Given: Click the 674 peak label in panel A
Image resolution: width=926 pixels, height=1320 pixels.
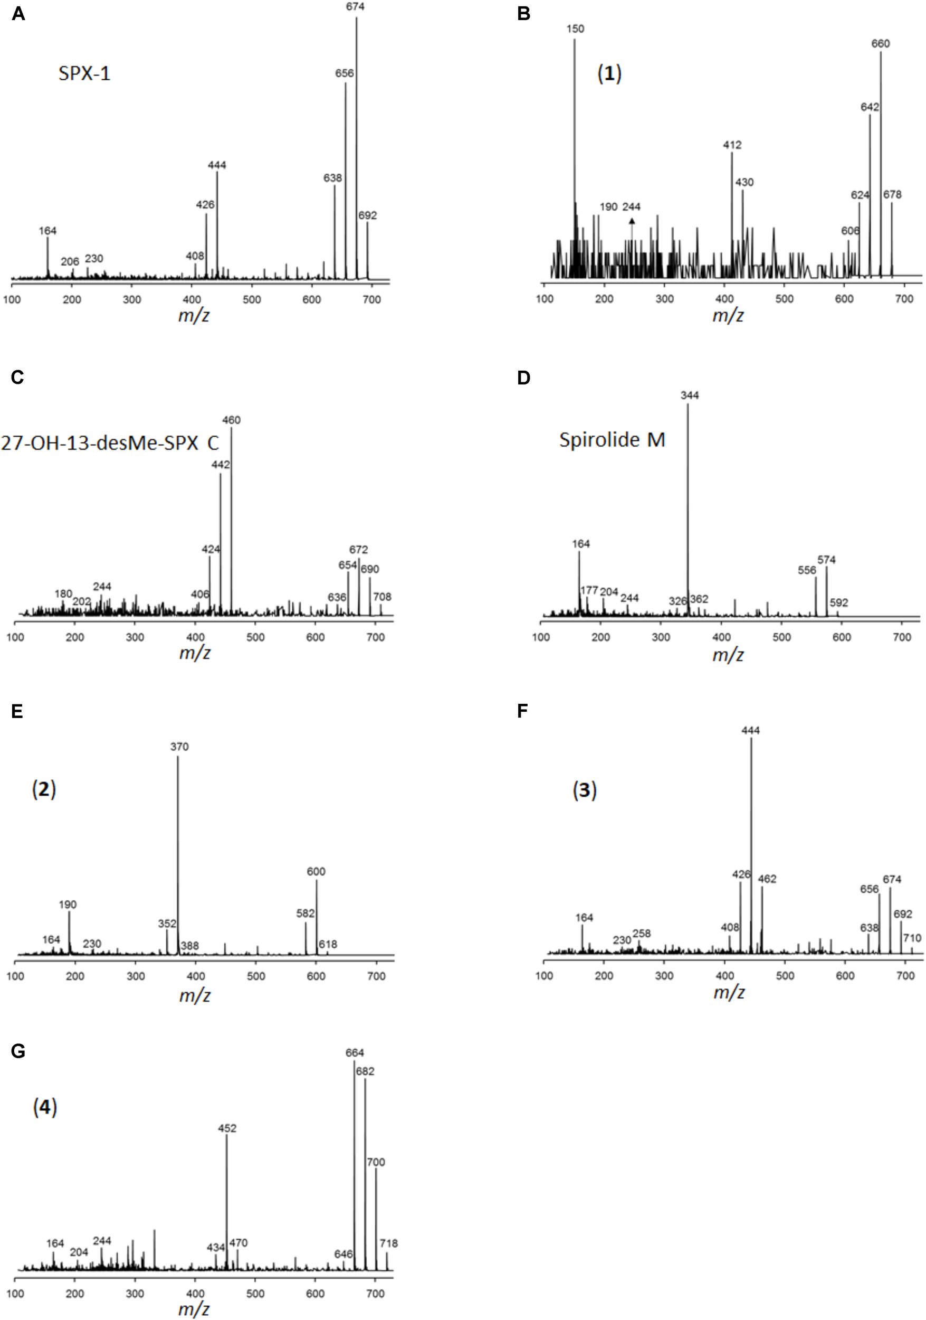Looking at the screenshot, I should tap(355, 7).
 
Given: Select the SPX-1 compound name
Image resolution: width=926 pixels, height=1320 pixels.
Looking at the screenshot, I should tap(84, 73).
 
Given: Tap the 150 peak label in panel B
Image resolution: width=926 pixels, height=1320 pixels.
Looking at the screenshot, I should tap(575, 29).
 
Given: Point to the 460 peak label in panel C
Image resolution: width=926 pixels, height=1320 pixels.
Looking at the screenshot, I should tap(232, 420).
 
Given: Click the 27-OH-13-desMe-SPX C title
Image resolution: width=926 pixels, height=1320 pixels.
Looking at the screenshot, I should tap(110, 442).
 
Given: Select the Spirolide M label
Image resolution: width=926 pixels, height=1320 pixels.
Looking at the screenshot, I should tap(613, 440).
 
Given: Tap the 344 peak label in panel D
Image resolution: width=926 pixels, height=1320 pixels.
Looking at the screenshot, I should tap(689, 395).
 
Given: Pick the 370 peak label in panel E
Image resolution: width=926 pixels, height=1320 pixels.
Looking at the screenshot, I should tap(179, 747).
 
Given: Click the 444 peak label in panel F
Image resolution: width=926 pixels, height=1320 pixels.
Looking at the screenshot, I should tap(750, 730).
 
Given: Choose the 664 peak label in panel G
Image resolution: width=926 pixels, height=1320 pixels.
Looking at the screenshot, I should tap(355, 1053).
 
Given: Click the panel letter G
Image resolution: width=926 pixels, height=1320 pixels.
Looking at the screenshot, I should tap(18, 1052).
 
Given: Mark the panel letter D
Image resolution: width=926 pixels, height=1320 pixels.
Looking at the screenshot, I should tap(523, 378).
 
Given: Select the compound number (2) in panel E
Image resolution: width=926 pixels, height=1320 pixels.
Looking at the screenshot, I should tap(44, 789).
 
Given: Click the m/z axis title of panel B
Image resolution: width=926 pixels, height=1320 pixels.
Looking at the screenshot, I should tap(728, 315).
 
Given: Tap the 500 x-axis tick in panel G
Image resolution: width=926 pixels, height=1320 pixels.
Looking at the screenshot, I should tap(255, 1294).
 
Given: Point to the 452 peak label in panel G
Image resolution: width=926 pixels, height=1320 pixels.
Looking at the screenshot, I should tap(227, 1128).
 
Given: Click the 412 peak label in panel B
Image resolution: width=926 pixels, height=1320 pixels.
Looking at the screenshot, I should tap(732, 145).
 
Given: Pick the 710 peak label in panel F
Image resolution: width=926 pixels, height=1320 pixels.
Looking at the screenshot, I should tap(912, 938).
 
